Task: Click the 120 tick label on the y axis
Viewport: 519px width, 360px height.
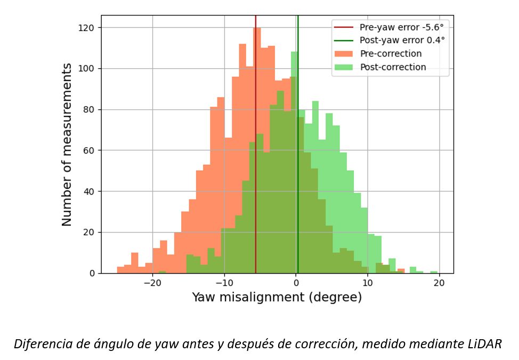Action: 88,28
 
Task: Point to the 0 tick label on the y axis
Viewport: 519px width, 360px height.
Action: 92,274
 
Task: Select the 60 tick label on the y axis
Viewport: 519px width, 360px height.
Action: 90,150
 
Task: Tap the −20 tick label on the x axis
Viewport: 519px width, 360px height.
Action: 152,283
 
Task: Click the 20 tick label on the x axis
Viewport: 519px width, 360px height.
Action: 439,283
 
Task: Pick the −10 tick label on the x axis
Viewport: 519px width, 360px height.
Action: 224,283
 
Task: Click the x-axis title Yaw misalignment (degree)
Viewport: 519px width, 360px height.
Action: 277,297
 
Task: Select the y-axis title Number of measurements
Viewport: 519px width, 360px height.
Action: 67,144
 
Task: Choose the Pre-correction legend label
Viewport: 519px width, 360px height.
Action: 391,54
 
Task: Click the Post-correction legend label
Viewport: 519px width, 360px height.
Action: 393,67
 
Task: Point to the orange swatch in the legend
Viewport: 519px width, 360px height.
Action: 344,54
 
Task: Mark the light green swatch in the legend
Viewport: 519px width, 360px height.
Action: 344,67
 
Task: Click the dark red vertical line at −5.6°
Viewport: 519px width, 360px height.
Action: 256,160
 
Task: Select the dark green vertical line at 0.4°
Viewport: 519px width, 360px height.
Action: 298,160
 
